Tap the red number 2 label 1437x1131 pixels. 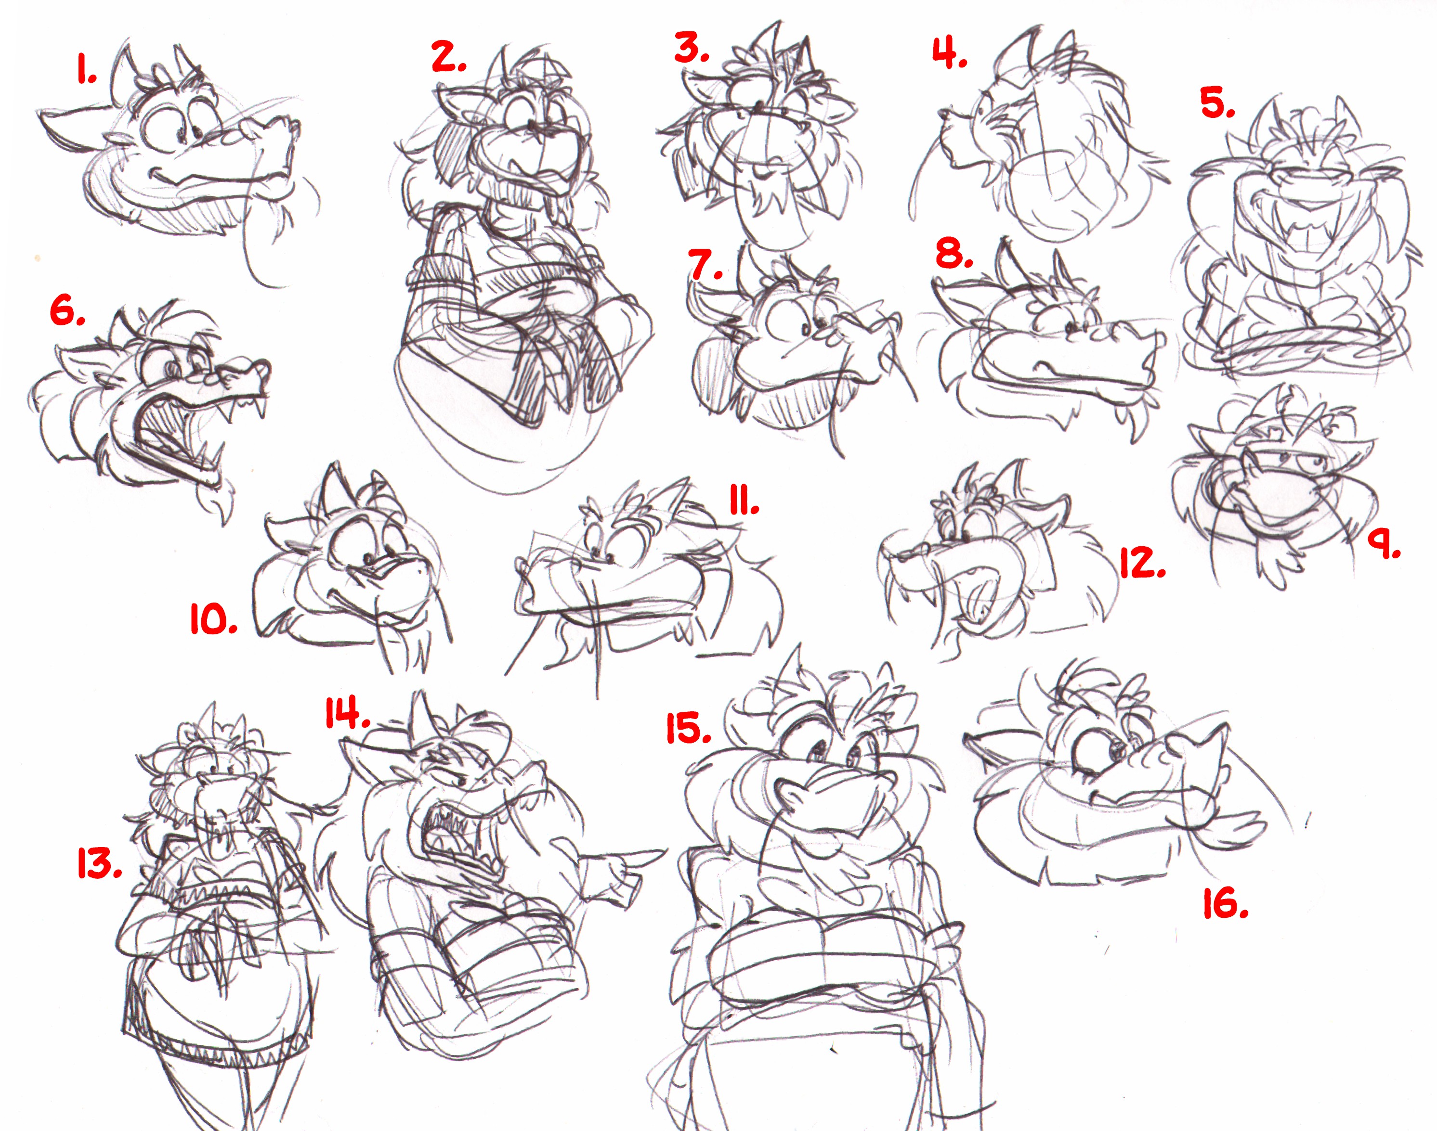448,57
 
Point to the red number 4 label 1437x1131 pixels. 949,52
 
